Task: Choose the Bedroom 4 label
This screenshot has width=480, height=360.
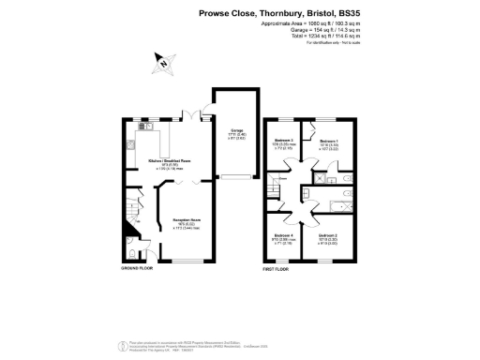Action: [x=283, y=236]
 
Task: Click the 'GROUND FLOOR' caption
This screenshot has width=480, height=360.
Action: [x=136, y=268]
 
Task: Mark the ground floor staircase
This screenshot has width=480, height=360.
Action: [x=131, y=217]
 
